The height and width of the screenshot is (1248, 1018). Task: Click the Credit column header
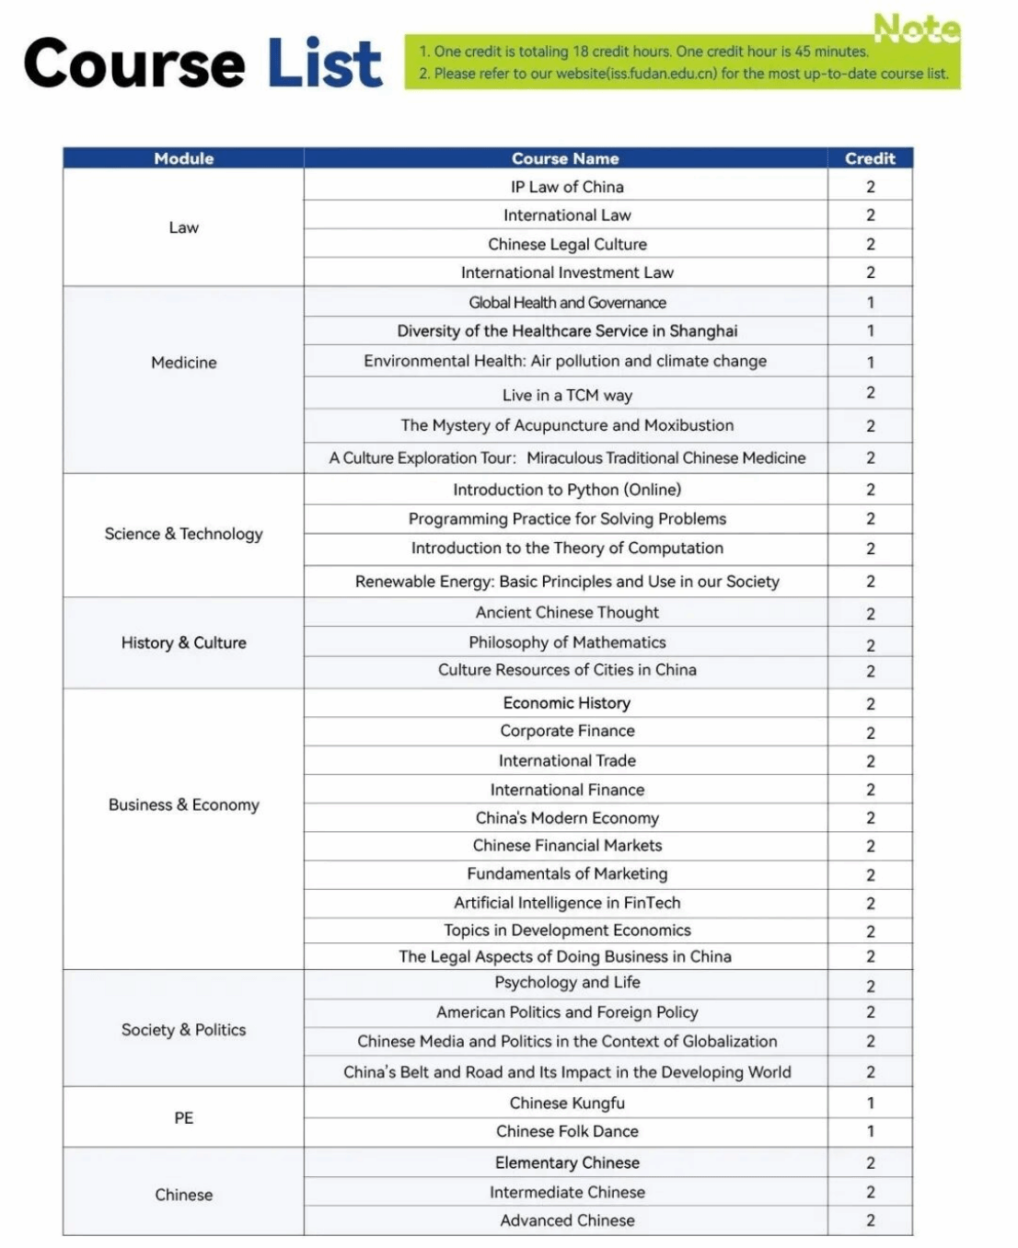870,158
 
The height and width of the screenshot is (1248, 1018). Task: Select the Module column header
183,158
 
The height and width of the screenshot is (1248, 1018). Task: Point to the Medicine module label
183,363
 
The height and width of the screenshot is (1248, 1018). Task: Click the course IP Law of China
567,187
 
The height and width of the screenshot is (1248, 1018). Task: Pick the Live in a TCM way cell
567,395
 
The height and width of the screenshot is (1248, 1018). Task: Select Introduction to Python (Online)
567,490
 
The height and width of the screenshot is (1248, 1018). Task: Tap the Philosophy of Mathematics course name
567,642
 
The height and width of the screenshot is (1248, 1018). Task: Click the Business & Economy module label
183,804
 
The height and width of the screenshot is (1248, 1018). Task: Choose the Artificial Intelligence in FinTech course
567,903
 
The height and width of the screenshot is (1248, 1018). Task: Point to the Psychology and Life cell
567,983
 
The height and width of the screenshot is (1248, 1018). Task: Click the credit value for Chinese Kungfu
870,1103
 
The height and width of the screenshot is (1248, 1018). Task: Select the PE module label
183,1117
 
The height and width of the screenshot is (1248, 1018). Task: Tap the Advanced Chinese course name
567,1220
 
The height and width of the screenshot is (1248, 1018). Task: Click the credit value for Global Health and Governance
870,302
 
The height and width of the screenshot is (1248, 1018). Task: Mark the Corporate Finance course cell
567,731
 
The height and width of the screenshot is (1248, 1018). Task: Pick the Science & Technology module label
183,534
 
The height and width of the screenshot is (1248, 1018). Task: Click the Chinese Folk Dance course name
567,1131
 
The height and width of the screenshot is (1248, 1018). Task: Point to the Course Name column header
565,158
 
